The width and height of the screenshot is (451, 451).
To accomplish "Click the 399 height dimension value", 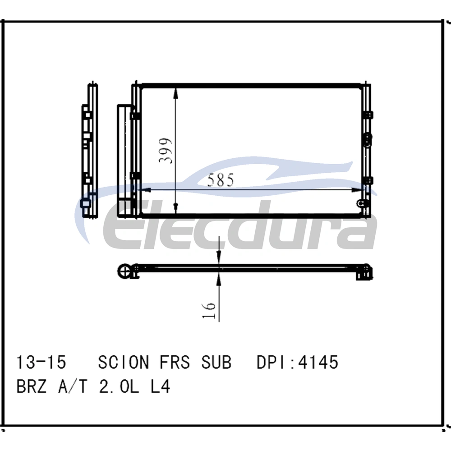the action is (166, 151).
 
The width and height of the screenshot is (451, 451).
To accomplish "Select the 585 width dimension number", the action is (221, 180).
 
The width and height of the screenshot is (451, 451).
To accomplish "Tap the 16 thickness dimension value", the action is (209, 310).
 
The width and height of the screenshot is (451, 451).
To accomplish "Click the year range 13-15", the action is (41, 362).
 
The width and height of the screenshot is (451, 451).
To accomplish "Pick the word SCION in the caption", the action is (124, 362).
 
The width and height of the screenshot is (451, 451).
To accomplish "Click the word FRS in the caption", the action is (175, 362).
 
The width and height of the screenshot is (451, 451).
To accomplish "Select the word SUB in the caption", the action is (216, 362).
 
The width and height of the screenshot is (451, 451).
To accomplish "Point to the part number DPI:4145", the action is (297, 362).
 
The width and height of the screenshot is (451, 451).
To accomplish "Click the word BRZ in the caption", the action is (32, 387).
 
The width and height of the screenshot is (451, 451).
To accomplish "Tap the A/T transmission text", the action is (73, 387).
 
